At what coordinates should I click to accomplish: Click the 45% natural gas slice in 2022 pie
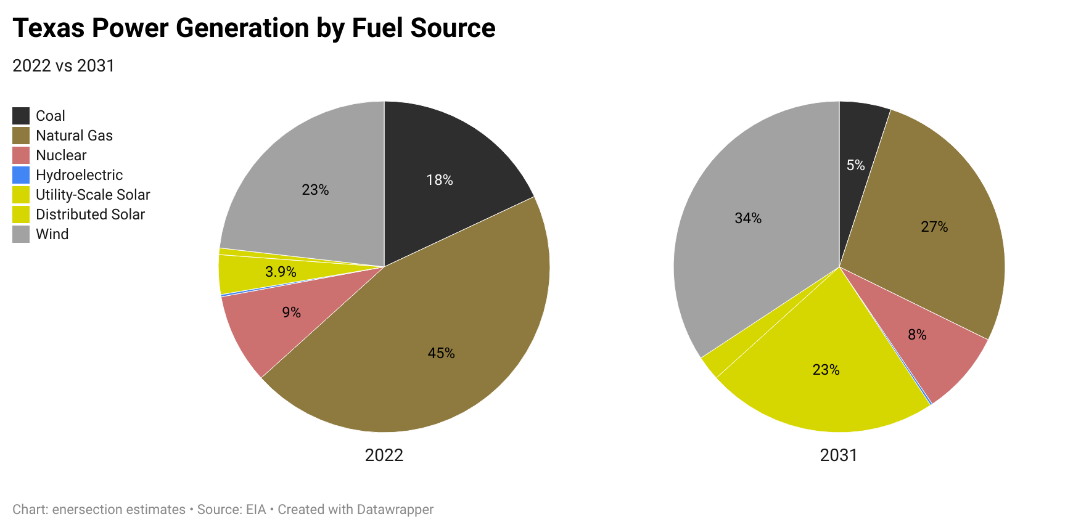click(x=442, y=353)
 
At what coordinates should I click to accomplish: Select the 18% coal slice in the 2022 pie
click(x=440, y=180)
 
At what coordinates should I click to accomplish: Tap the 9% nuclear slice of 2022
click(x=291, y=312)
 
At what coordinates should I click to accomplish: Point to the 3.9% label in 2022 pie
click(x=281, y=272)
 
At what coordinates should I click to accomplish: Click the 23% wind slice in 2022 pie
click(x=315, y=190)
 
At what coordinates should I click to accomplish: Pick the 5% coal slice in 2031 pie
click(x=855, y=165)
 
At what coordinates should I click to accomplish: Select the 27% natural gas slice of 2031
click(x=934, y=227)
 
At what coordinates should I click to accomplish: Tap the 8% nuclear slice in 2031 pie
click(x=917, y=335)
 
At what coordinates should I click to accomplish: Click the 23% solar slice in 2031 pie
click(x=826, y=370)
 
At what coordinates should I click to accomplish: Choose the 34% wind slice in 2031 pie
click(x=748, y=218)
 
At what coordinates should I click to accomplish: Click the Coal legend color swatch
click(x=21, y=116)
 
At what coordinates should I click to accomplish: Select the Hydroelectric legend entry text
click(x=79, y=175)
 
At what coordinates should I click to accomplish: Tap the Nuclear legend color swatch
click(x=21, y=155)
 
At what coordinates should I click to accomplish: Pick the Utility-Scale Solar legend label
click(x=92, y=195)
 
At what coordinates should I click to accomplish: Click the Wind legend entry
click(x=52, y=234)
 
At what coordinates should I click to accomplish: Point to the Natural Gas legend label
click(x=74, y=136)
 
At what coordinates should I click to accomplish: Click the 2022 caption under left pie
click(x=384, y=455)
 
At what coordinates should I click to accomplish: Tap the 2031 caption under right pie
click(x=838, y=455)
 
